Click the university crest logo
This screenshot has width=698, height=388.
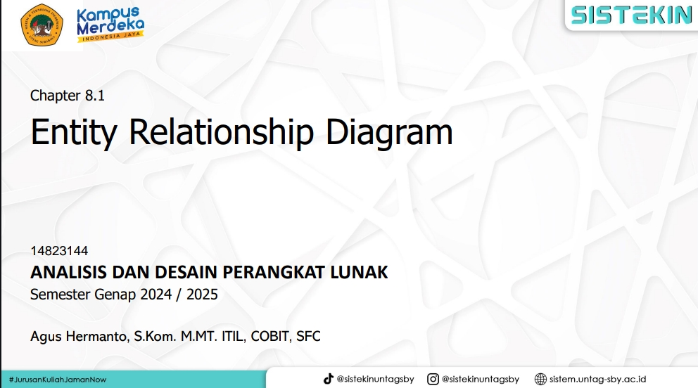[x=42, y=25]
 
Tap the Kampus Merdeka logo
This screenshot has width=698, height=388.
[x=110, y=25]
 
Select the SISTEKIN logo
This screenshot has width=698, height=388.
[x=632, y=15]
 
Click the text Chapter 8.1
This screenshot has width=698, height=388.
[x=68, y=96]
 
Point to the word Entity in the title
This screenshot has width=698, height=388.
[x=74, y=132]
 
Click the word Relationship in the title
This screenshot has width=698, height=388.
[x=221, y=132]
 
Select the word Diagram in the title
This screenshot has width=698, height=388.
[x=389, y=132]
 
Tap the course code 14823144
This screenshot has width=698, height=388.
[x=59, y=251]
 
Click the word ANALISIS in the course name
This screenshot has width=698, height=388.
[x=68, y=272]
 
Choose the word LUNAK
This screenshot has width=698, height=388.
[x=359, y=272]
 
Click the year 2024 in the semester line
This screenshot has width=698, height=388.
[x=156, y=295]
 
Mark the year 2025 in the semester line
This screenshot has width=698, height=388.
[x=202, y=295]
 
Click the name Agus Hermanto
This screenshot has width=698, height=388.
[x=79, y=336]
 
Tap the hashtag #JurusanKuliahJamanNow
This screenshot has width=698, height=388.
[x=58, y=380]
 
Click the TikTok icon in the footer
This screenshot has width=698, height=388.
[x=328, y=379]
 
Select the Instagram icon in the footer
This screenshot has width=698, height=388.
[x=433, y=379]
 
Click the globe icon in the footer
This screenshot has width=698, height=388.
[x=540, y=379]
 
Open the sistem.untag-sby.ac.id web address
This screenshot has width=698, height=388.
[x=597, y=379]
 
